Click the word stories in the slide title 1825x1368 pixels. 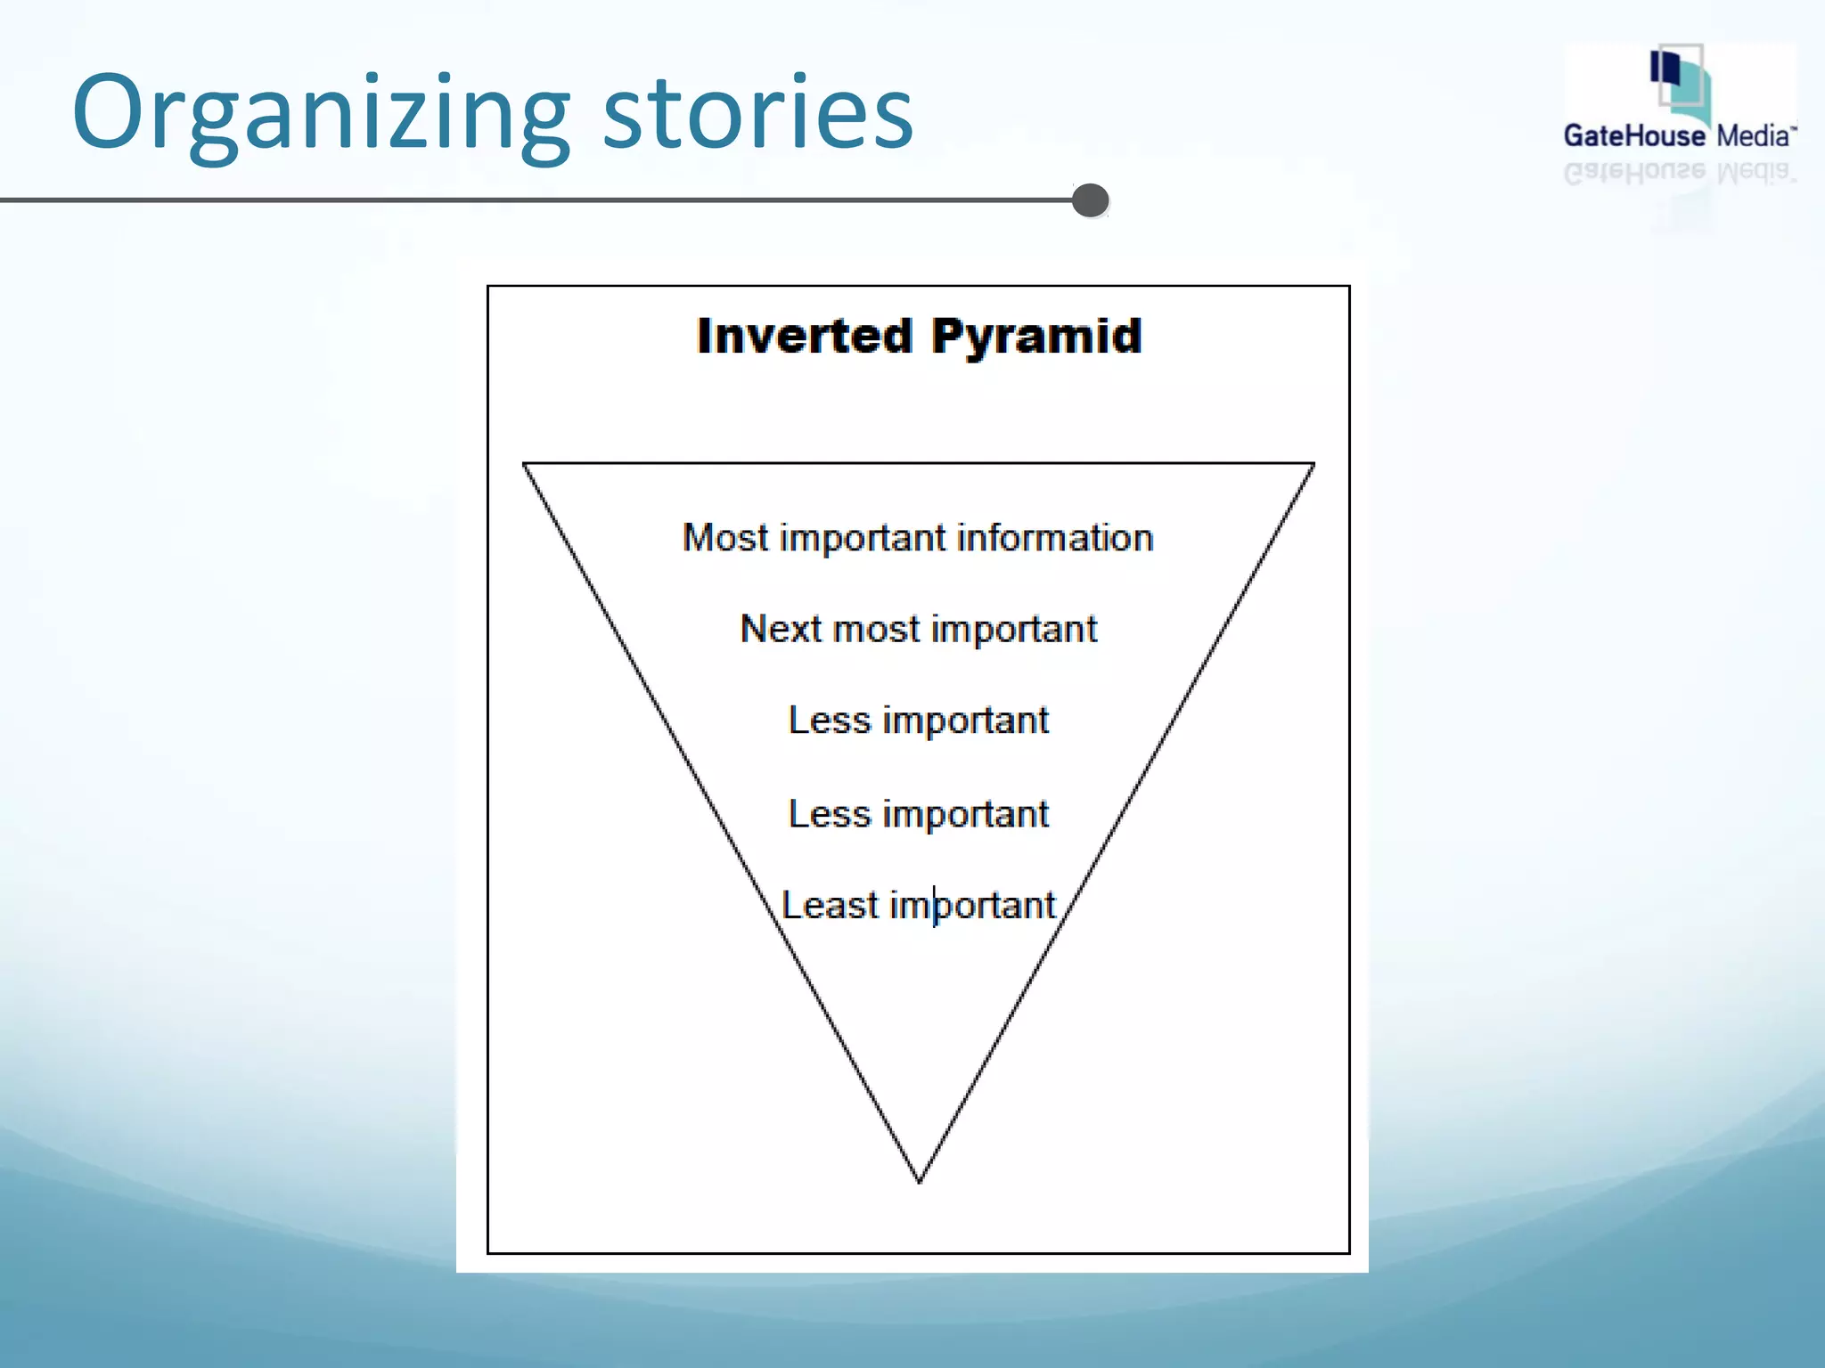(757, 114)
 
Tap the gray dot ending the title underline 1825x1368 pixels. (1090, 200)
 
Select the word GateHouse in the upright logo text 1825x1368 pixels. (1634, 136)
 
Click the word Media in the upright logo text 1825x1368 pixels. (1753, 136)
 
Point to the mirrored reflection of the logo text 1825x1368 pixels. (1680, 172)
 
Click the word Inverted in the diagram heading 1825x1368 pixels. (805, 337)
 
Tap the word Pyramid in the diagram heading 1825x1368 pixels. (1036, 337)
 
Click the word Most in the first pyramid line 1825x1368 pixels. (724, 538)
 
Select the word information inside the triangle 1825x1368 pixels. (1055, 538)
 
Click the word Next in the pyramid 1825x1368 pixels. (781, 629)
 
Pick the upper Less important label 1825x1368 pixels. (919, 721)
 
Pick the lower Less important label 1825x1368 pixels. (919, 814)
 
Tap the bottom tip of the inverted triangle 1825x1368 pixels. (919, 1181)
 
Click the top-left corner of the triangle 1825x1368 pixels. (524, 464)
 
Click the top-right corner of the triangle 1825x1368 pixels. (1314, 464)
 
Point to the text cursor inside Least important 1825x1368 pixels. (934, 906)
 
